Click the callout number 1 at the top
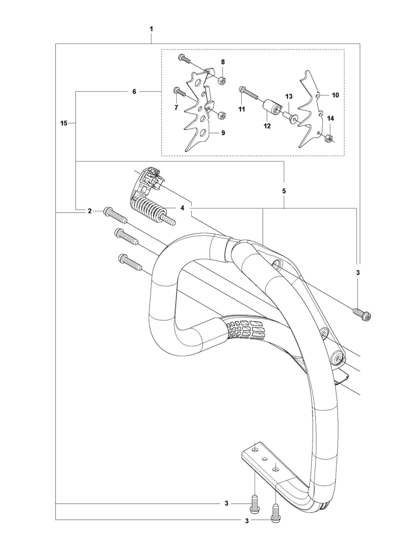coord(151,29)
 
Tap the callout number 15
coord(64,124)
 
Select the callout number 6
coord(134,92)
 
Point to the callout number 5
coord(284,191)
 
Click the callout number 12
coord(267,126)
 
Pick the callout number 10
coord(336,95)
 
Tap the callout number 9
coord(223,133)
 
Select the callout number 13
coord(289,96)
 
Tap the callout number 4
coord(182,208)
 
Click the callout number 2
coord(90,211)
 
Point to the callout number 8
coord(223,62)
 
